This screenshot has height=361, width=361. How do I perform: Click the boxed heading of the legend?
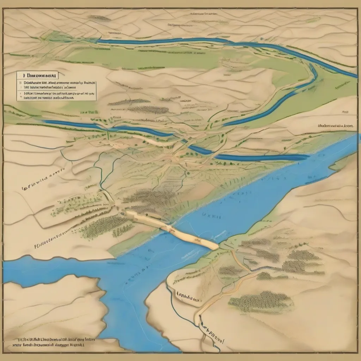click(38, 75)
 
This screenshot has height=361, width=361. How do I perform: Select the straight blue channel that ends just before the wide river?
click(261, 157)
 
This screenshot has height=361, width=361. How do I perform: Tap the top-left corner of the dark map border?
click(4, 8)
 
